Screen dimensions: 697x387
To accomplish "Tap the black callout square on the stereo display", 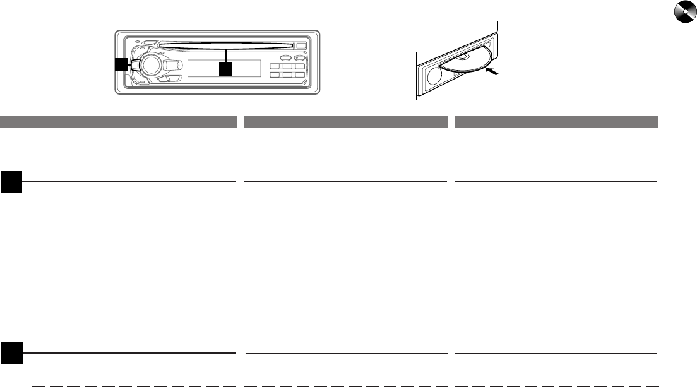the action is point(224,68).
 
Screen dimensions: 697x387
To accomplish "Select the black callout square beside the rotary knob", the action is point(121,64).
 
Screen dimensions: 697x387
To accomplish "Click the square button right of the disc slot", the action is point(301,46).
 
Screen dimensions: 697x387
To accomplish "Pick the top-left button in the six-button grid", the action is point(276,67).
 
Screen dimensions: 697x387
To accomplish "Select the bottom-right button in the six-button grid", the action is point(299,76).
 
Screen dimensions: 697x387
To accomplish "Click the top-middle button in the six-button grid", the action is point(287,67).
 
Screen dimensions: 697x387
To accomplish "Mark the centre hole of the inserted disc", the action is point(463,56).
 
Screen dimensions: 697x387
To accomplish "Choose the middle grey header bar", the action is point(345,120).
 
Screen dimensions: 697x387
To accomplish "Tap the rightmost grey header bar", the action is point(556,120).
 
